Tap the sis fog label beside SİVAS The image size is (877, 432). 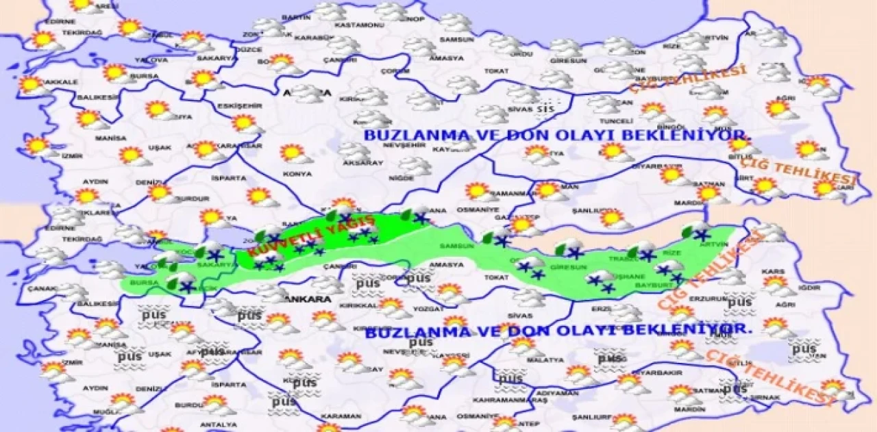(x=545, y=109)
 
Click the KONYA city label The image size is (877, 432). (x=297, y=174)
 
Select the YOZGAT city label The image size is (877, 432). (x=411, y=308)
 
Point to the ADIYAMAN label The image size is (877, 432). (x=556, y=394)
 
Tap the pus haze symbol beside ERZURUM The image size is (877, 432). (x=739, y=302)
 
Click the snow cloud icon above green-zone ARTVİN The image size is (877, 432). (x=700, y=230)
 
